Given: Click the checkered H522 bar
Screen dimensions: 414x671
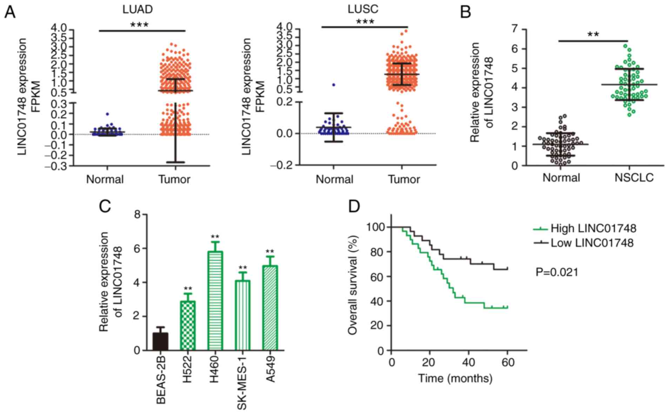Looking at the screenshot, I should pos(188,325).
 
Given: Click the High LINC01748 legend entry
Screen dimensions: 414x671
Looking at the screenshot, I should pos(593,228).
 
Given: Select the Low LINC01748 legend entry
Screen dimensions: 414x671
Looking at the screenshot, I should pos(592,243).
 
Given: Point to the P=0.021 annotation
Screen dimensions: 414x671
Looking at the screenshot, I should pos(557,272).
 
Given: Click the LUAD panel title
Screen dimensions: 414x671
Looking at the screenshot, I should pos(137,9).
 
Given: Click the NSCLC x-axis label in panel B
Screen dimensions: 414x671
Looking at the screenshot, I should pos(634,178).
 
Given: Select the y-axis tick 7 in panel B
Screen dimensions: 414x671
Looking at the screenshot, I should pos(514,29).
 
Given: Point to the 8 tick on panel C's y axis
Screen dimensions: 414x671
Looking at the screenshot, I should pos(137,214).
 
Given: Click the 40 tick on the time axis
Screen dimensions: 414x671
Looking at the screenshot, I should pos(469,362).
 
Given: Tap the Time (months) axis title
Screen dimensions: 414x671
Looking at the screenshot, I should pos(455,378).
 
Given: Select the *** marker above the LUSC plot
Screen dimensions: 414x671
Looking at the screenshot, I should pos(365,22).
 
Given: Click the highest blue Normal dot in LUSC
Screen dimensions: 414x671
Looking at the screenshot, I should pos(334,85).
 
